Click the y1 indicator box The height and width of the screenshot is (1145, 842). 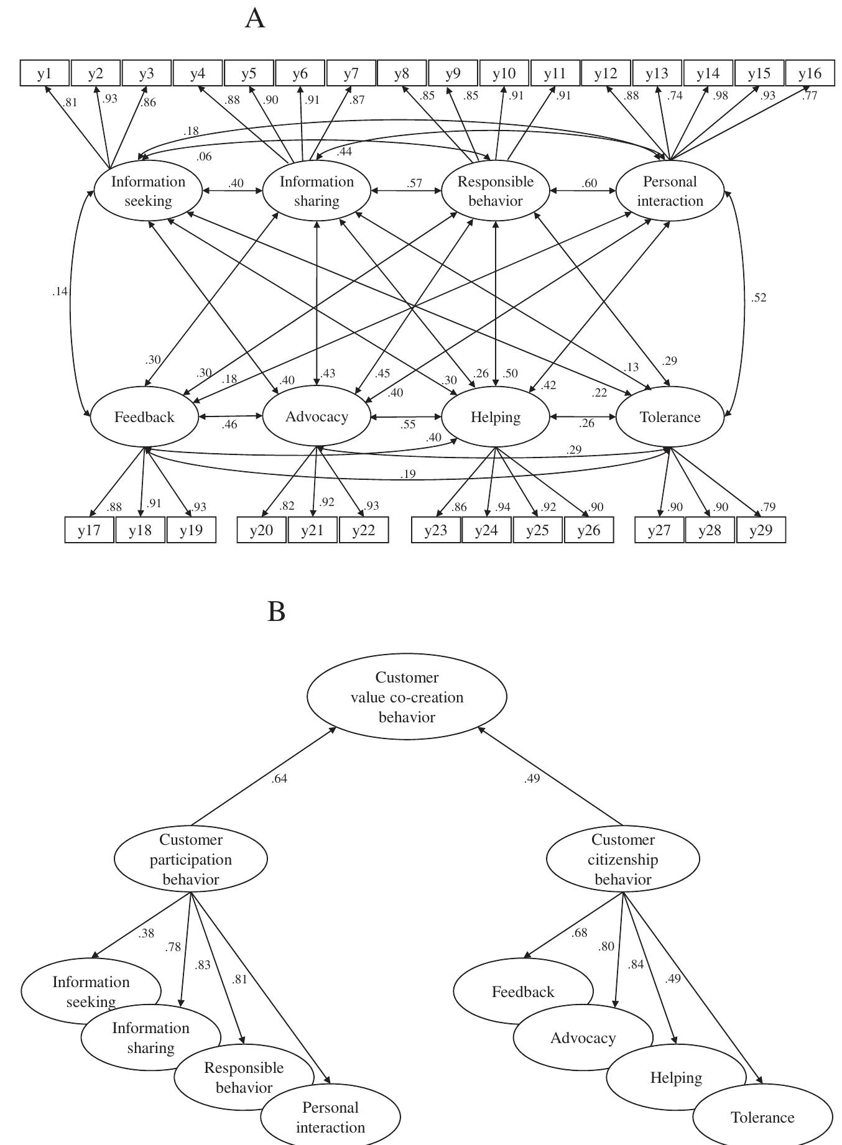click(45, 73)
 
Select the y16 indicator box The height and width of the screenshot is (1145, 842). click(810, 73)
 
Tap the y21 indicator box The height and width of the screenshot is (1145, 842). click(313, 531)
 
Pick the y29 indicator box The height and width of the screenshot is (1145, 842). click(761, 531)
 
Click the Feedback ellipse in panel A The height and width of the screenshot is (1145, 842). click(144, 417)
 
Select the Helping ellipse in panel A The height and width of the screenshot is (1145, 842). click(496, 417)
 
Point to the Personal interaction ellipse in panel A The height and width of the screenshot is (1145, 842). click(670, 191)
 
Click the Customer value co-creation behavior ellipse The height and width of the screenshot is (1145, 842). click(407, 697)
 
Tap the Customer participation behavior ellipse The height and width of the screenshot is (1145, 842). click(191, 859)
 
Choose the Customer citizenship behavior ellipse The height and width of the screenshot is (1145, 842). click(622, 859)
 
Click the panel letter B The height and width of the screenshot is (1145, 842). click(277, 612)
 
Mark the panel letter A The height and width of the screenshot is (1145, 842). click(255, 18)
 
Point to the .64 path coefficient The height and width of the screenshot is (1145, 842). click(279, 778)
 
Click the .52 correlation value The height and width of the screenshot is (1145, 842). click(759, 298)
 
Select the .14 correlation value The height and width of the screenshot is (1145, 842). click(60, 292)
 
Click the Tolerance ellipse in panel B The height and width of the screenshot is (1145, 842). click(762, 1117)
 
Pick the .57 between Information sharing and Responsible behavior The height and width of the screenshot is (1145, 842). click(414, 183)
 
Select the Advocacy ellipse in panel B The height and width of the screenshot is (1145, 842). click(583, 1038)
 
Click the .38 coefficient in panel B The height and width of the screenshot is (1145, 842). click(146, 933)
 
